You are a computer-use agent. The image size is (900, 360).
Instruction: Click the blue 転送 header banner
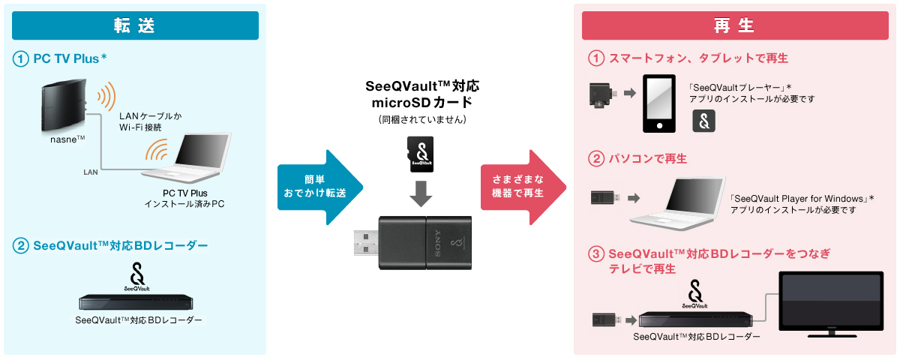point(135,25)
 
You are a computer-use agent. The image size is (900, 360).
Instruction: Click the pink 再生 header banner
point(734,25)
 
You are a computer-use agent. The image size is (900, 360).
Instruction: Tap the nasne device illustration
point(61,105)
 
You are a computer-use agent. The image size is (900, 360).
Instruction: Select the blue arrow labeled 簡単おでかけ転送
point(318,187)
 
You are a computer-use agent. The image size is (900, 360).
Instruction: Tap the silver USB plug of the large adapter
point(363,244)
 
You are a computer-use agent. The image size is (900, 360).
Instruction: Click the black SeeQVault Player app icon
point(703,121)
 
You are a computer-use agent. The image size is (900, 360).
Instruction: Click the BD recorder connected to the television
point(694,319)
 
